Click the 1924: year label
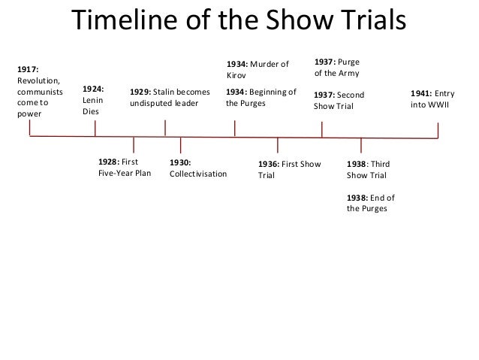[x=93, y=87]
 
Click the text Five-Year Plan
[x=125, y=174]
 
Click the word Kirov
[x=236, y=76]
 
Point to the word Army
[x=348, y=74]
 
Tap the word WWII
[x=433, y=105]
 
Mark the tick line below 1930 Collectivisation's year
[x=180, y=146]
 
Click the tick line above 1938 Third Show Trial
[x=362, y=146]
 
